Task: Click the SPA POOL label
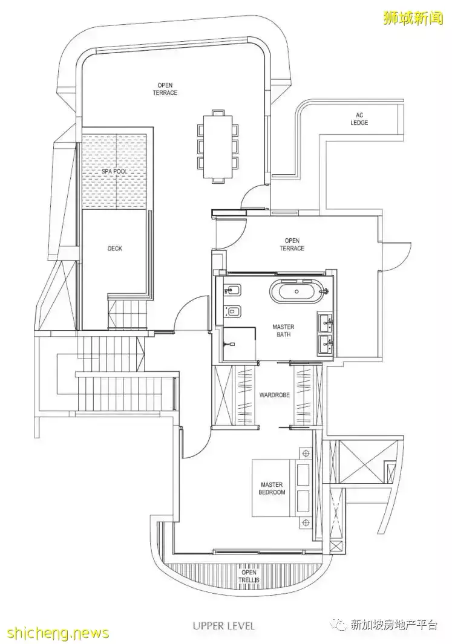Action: pyautogui.click(x=115, y=171)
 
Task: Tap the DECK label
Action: pyautogui.click(x=115, y=249)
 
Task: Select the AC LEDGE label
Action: pyautogui.click(x=359, y=119)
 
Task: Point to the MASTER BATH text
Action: pyautogui.click(x=284, y=331)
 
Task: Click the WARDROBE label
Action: pyautogui.click(x=275, y=395)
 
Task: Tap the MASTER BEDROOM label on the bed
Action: pyautogui.click(x=272, y=489)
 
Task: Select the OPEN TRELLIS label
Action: pyautogui.click(x=249, y=576)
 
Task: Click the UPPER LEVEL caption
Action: pyautogui.click(x=224, y=625)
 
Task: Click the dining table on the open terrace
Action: pyautogui.click(x=217, y=146)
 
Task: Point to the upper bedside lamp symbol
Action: pyautogui.click(x=306, y=454)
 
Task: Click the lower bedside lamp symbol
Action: pyautogui.click(x=306, y=522)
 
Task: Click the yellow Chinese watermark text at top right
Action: pyautogui.click(x=413, y=18)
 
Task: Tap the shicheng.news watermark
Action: pyautogui.click(x=54, y=633)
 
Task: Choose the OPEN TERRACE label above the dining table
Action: pyautogui.click(x=165, y=89)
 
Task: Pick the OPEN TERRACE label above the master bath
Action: pyautogui.click(x=292, y=244)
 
